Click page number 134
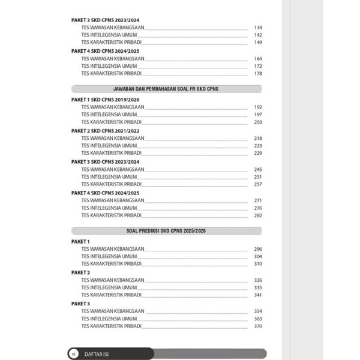(x=258, y=28)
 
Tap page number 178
(x=258, y=73)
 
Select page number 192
(x=258, y=107)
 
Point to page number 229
(x=258, y=153)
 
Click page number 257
(x=258, y=184)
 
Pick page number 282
(x=258, y=215)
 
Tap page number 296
(x=258, y=249)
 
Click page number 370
(x=258, y=326)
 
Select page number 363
(x=258, y=319)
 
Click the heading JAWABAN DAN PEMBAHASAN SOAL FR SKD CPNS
(x=166, y=89)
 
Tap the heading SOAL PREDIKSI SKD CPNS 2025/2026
(x=166, y=230)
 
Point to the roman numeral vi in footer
(x=73, y=353)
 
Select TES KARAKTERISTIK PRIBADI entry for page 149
(x=112, y=43)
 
